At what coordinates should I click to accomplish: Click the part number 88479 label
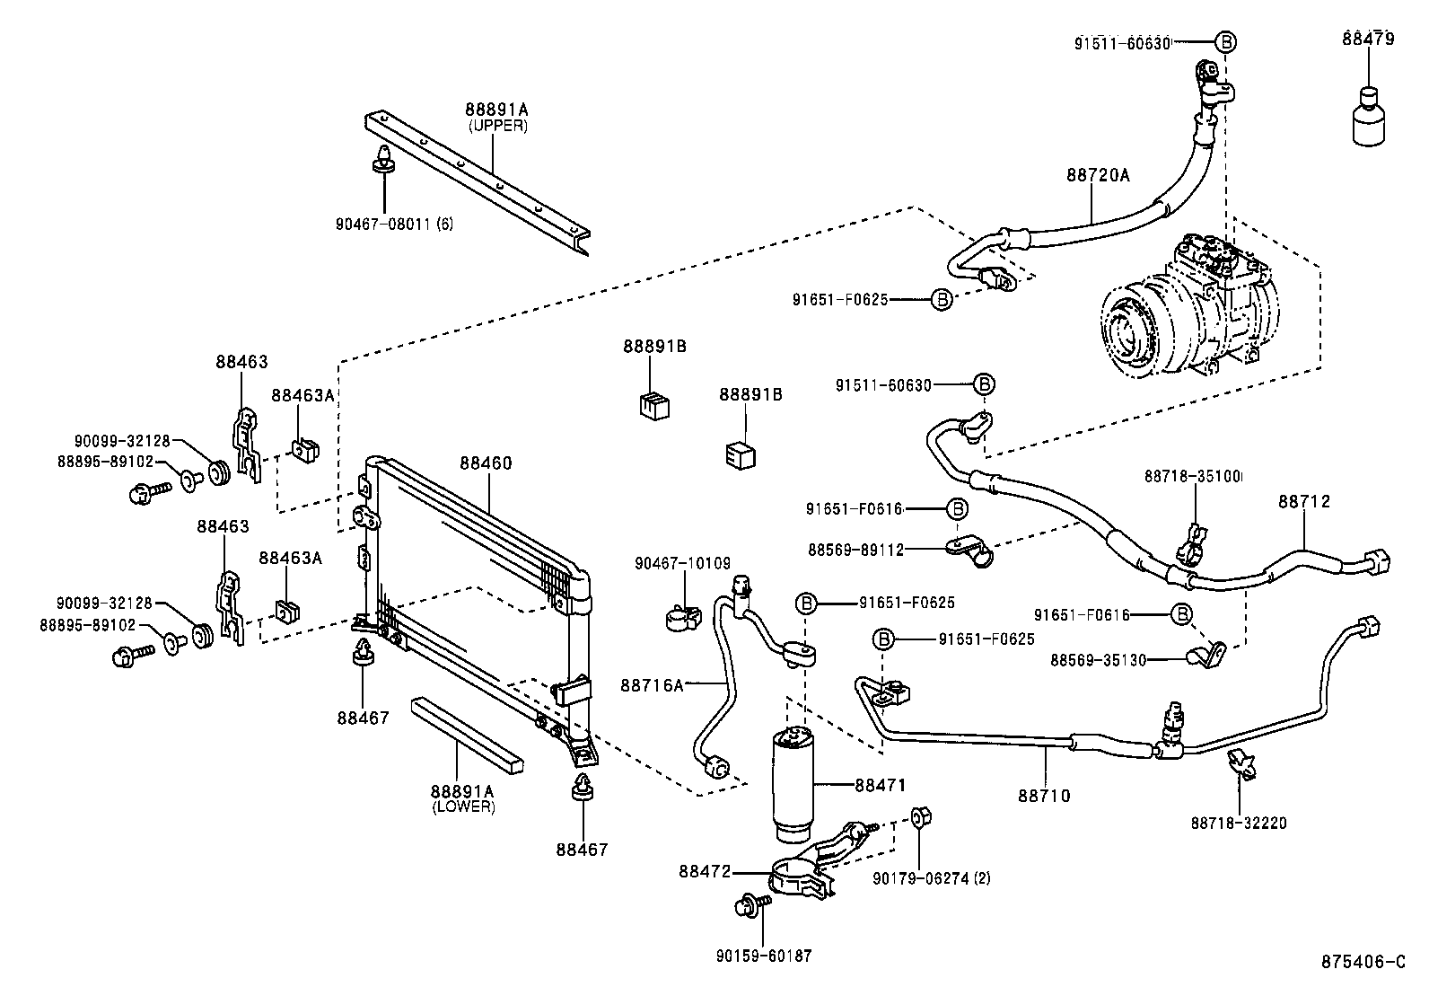pyautogui.click(x=1368, y=39)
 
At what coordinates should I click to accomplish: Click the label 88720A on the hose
pyautogui.click(x=1098, y=175)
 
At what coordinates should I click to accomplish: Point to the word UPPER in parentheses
pyautogui.click(x=497, y=126)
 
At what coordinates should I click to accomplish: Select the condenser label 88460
pyautogui.click(x=486, y=463)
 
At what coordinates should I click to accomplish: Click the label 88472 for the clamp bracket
pyautogui.click(x=705, y=871)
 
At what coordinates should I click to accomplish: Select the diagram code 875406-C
pyautogui.click(x=1362, y=963)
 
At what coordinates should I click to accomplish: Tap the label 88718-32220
pyautogui.click(x=1239, y=823)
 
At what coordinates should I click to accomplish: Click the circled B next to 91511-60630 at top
pyautogui.click(x=1225, y=41)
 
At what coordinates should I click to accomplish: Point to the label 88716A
pyautogui.click(x=651, y=685)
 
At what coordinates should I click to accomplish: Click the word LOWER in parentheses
pyautogui.click(x=463, y=806)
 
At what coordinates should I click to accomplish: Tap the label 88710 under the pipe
pyautogui.click(x=1044, y=795)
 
